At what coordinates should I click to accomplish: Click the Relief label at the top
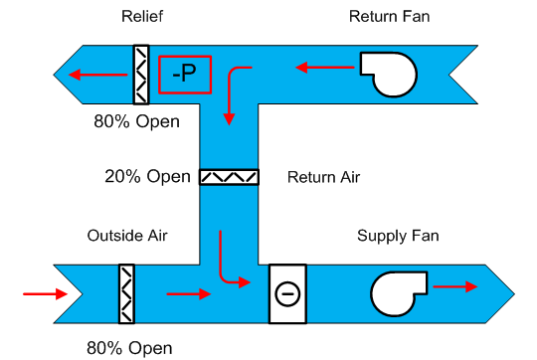141,16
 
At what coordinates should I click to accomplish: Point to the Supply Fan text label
398,236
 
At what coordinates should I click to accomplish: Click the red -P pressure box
185,73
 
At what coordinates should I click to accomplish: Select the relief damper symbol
141,74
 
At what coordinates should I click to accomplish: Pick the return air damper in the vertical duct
229,177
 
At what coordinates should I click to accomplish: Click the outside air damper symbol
126,293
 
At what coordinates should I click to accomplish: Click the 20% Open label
147,177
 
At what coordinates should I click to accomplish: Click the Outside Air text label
127,236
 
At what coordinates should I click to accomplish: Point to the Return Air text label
323,178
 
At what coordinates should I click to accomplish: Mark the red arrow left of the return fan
324,68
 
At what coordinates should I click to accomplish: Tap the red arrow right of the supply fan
455,285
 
